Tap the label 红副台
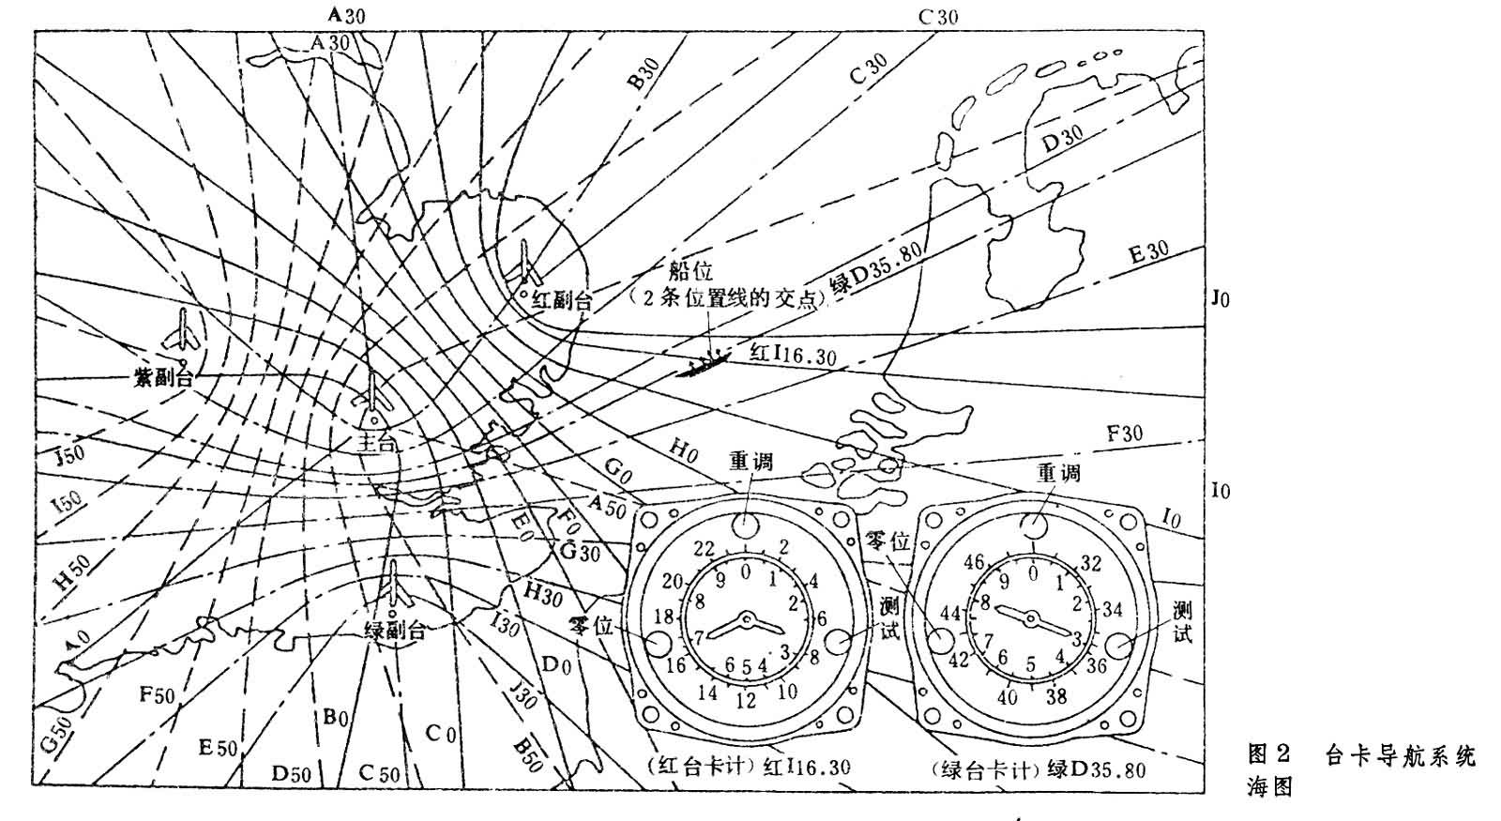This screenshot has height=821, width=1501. pos(563,300)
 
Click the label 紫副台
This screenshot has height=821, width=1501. pos(161,379)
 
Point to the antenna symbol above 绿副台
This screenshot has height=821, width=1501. pos(394,584)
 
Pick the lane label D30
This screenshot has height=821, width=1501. pos(1063,140)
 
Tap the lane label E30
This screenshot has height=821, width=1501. pos(1148,251)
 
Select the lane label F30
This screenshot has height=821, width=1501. pos(1125,433)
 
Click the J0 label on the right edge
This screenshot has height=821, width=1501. pos(1220,299)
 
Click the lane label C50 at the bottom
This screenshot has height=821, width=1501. pos(379,774)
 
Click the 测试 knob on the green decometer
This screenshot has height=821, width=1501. pos(1116,645)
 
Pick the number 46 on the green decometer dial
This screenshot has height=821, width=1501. pos(974,563)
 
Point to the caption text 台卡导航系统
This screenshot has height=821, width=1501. pos(1401,755)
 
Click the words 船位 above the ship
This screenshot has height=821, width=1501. pos(690,271)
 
